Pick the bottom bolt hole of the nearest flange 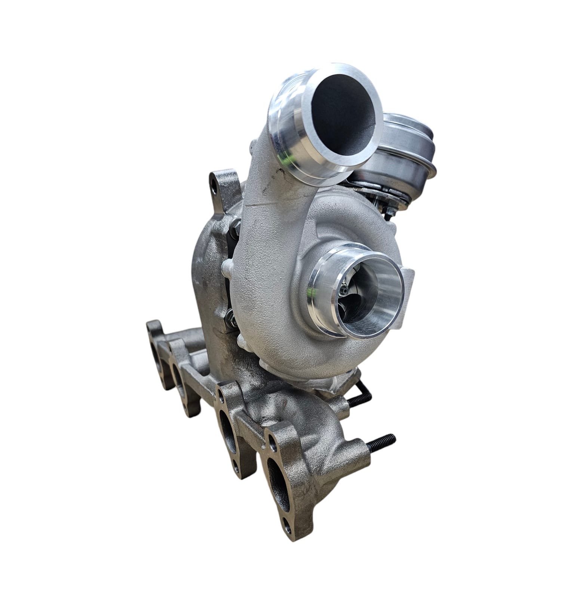[x=287, y=527]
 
